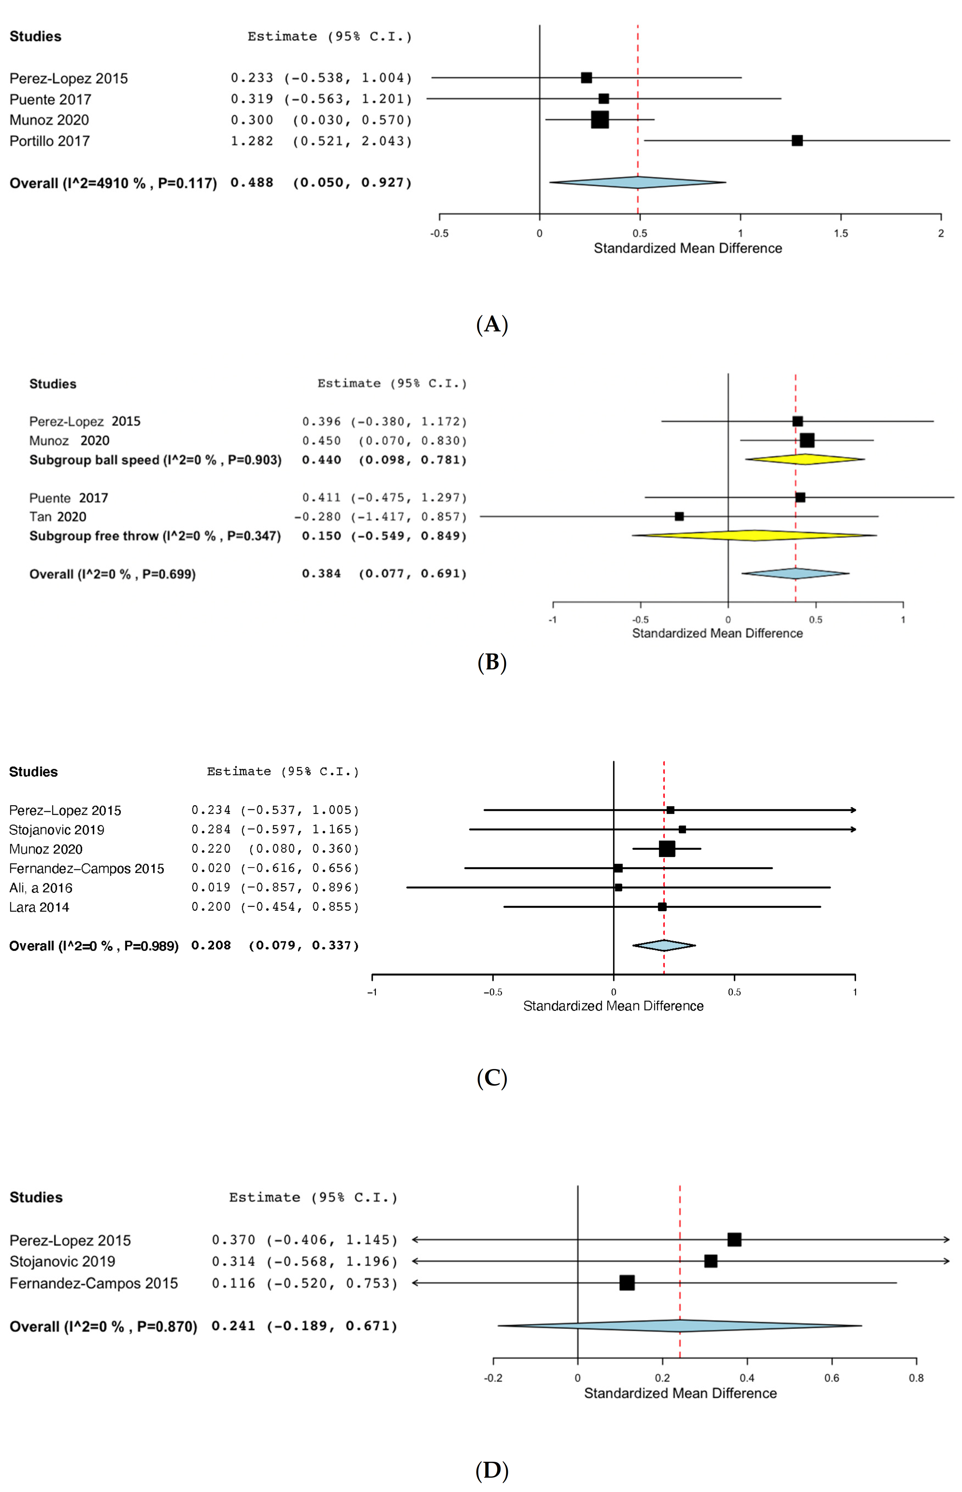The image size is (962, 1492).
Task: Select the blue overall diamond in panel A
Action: pyautogui.click(x=637, y=183)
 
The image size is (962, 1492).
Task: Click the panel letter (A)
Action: pyautogui.click(x=492, y=324)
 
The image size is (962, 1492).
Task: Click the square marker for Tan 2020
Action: pyautogui.click(x=679, y=516)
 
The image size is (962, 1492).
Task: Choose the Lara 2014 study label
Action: pyautogui.click(x=39, y=907)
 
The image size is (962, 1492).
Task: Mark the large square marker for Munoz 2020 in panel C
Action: pyautogui.click(x=667, y=849)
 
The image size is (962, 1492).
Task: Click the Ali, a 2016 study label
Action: pyautogui.click(x=41, y=887)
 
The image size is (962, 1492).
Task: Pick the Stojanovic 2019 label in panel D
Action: pyautogui.click(x=62, y=1261)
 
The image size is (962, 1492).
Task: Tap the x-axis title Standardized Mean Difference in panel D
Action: pyautogui.click(x=680, y=1393)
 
